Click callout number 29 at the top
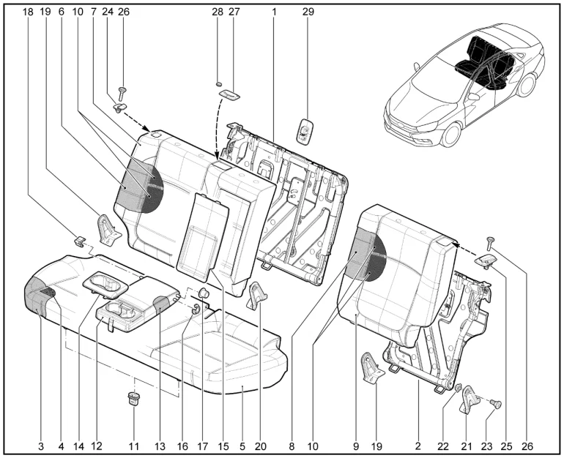[308, 12]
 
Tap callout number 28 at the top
[217, 12]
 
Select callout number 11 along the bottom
[133, 445]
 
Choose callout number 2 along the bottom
[418, 445]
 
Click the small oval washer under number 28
[218, 84]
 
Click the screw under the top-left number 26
[122, 92]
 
